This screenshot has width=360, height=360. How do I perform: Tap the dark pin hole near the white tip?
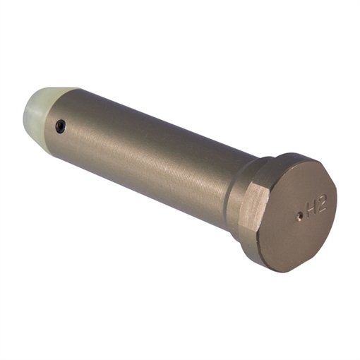coord(60,127)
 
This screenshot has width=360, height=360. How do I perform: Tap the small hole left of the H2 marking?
coord(299,217)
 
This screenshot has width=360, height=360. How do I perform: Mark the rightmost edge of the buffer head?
coord(337,205)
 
